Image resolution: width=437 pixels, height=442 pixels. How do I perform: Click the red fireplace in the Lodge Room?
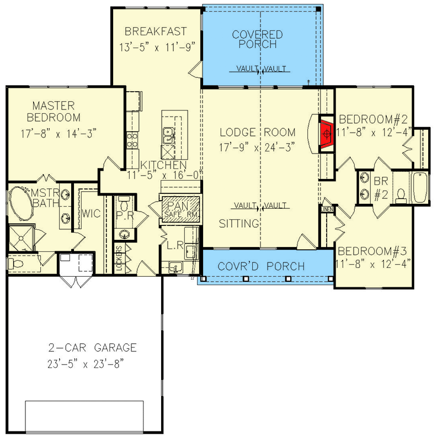click(x=327, y=133)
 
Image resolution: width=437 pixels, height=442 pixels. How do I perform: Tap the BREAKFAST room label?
click(x=155, y=31)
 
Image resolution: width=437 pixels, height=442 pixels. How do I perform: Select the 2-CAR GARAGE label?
click(x=92, y=348)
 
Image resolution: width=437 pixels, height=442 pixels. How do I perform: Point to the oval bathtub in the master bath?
click(x=20, y=206)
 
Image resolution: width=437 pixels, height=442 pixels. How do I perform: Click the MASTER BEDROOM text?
click(x=56, y=111)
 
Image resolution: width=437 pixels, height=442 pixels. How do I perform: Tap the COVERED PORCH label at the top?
click(x=257, y=40)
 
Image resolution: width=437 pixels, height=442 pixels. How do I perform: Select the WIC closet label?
click(x=91, y=214)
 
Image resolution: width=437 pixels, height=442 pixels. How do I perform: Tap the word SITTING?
click(x=239, y=224)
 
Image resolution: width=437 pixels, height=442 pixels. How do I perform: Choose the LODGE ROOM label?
click(x=258, y=133)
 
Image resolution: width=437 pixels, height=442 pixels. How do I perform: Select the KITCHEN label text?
click(x=163, y=165)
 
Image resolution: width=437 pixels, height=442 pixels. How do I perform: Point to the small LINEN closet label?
click(x=327, y=209)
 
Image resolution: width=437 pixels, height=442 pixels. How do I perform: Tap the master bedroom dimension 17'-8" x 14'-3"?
click(x=56, y=133)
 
